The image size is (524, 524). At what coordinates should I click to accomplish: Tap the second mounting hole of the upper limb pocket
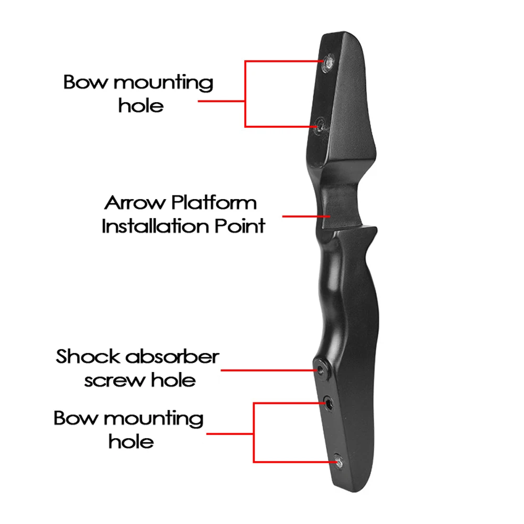pos(321,124)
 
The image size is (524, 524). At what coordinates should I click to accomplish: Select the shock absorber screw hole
pos(320,369)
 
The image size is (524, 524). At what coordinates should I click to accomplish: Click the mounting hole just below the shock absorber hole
pos(330,403)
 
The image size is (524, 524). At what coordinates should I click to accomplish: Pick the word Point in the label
pos(241,226)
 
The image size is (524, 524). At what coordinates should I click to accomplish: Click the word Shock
pos(87,357)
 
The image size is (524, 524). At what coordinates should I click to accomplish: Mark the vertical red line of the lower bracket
pos(254,432)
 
